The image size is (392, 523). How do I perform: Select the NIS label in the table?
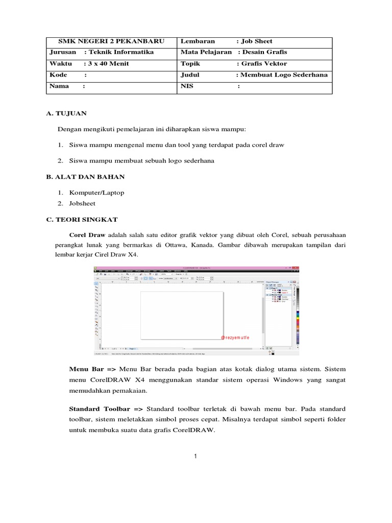(187, 86)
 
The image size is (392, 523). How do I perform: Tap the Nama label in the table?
(59, 86)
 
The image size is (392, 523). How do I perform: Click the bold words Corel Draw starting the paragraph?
(87, 235)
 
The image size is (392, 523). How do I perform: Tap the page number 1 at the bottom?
(195, 456)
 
